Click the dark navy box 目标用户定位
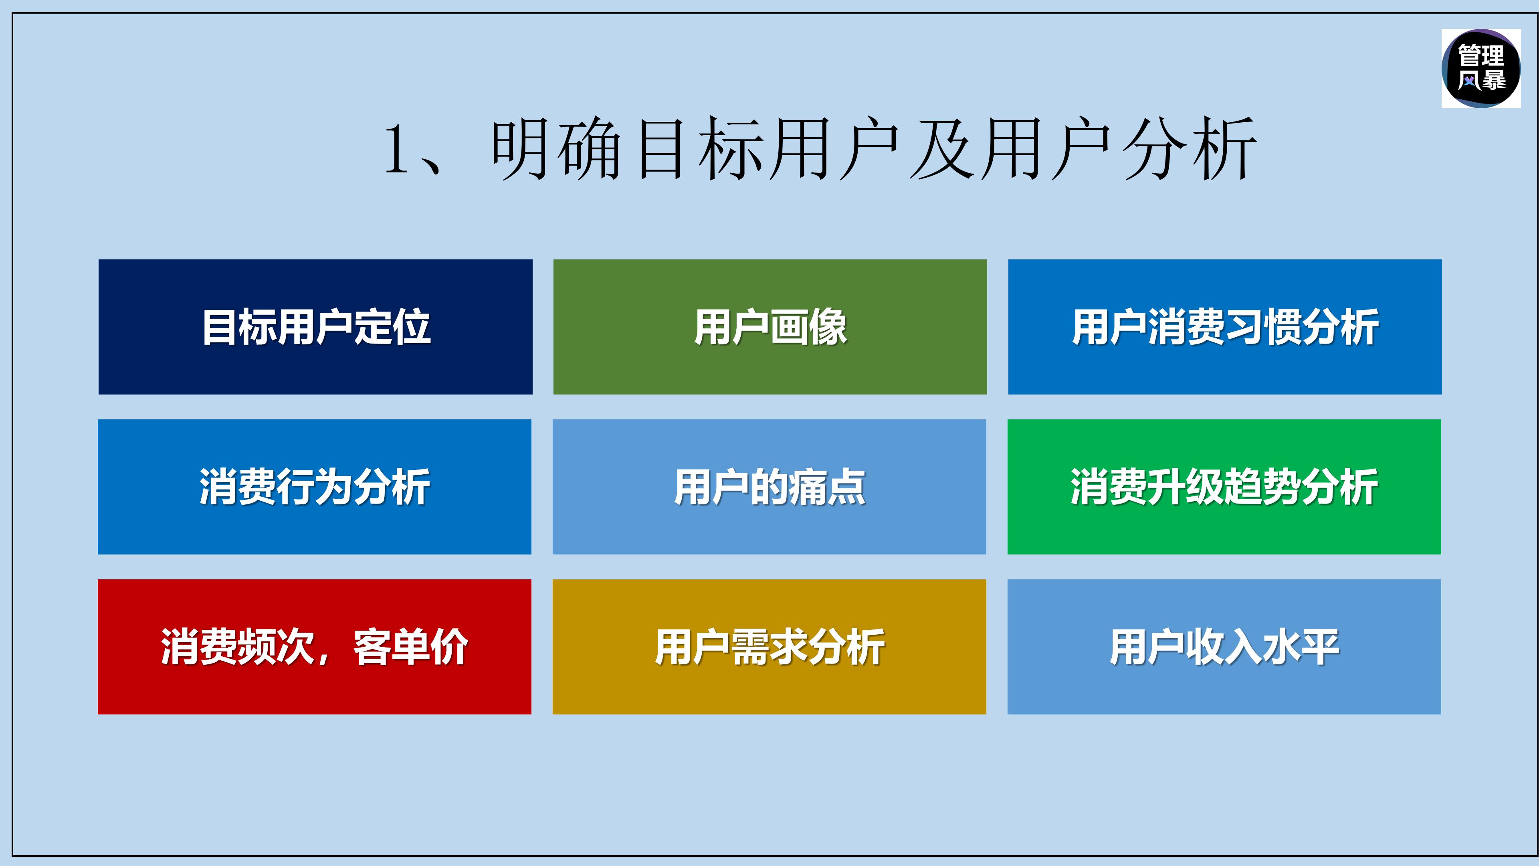[315, 326]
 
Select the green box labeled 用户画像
[769, 326]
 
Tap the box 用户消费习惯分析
[1225, 326]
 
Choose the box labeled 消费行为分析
[314, 486]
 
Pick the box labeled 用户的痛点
[769, 486]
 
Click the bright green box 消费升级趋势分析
[1224, 486]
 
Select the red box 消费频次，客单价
[314, 647]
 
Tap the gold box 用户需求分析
[769, 647]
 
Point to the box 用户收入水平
[1224, 647]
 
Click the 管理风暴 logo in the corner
[1481, 68]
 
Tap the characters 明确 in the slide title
[555, 150]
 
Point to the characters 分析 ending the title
[1189, 150]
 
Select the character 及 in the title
[942, 150]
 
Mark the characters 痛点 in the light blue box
[827, 486]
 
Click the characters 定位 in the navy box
[392, 326]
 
